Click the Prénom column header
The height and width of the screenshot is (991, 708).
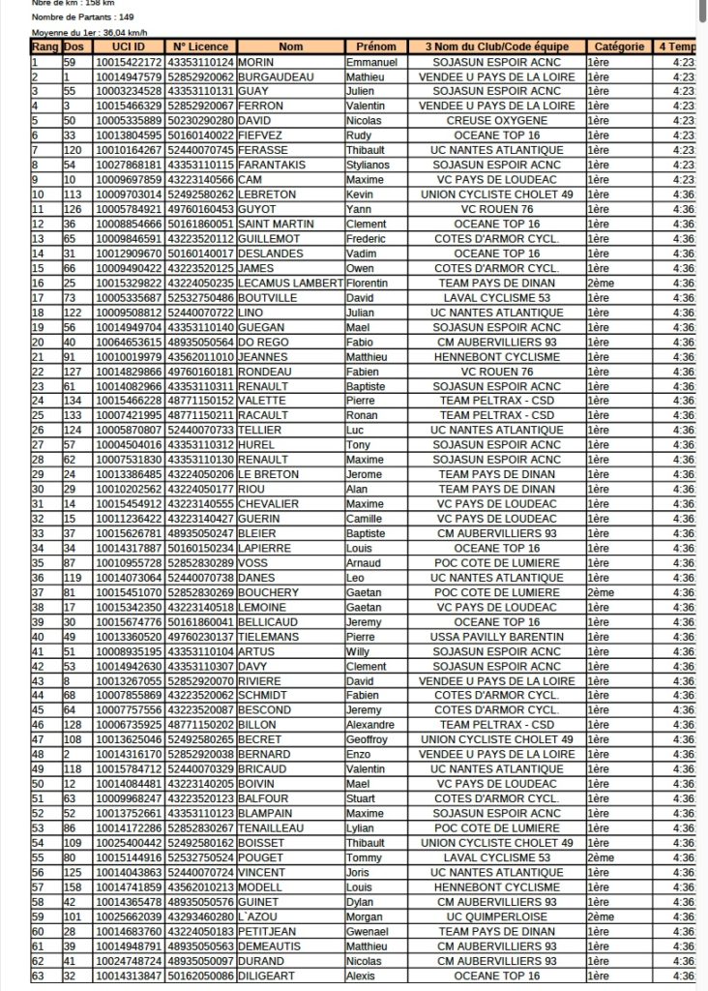376,46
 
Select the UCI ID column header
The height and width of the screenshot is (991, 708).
127,46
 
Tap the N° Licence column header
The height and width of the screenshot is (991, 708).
201,46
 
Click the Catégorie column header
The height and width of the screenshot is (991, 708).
619,46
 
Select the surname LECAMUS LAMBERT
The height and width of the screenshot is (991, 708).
291,283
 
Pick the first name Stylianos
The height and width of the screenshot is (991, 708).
371,165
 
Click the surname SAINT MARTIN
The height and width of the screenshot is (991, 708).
274,224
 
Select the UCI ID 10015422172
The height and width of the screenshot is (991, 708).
127,62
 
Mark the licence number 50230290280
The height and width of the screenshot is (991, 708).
201,120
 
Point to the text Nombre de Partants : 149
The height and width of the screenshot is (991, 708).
83,17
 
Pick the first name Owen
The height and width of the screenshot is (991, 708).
359,268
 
